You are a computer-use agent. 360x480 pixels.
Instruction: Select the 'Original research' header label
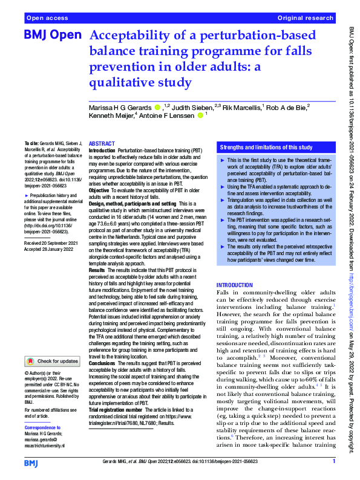tap(306, 19)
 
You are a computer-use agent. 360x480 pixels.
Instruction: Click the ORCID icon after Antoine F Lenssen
tap(200, 115)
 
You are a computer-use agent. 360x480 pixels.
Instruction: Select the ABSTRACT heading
tap(102, 144)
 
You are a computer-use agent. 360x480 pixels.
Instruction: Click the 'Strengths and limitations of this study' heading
tap(266, 147)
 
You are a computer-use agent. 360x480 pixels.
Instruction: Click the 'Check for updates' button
tap(53, 361)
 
